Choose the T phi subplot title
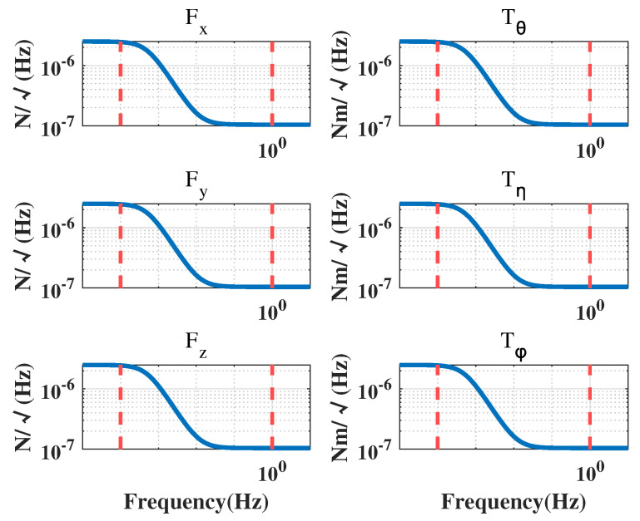513,342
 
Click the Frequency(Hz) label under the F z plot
196,502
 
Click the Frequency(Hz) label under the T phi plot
513,502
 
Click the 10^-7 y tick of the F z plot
57,449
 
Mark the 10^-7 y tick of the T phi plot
375,449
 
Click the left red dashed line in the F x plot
121,83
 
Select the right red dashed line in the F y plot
272,245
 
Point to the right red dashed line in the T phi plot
590,406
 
